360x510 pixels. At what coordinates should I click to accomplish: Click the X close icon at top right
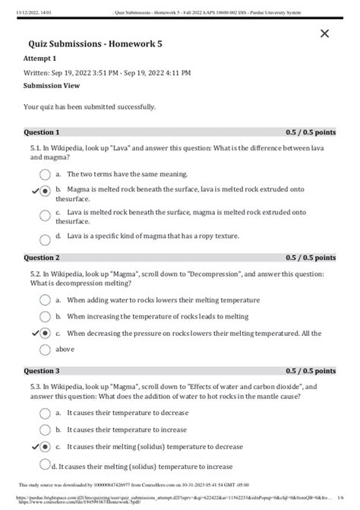pos(325,33)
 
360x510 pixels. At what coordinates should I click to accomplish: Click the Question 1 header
pos(42,131)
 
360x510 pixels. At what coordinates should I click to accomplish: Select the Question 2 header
pos(42,257)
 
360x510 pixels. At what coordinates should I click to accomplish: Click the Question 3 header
pos(42,371)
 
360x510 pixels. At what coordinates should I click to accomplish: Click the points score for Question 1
pos(311,131)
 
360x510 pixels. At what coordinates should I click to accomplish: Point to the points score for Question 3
pos(311,371)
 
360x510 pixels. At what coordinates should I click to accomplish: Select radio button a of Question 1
pos(46,173)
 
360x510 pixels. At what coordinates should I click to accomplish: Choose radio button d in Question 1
pos(46,236)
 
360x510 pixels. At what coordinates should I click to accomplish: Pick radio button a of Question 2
pos(46,299)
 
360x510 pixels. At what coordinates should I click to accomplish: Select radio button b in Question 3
pos(46,429)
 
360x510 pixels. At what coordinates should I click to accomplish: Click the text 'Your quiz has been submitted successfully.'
pos(90,106)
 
